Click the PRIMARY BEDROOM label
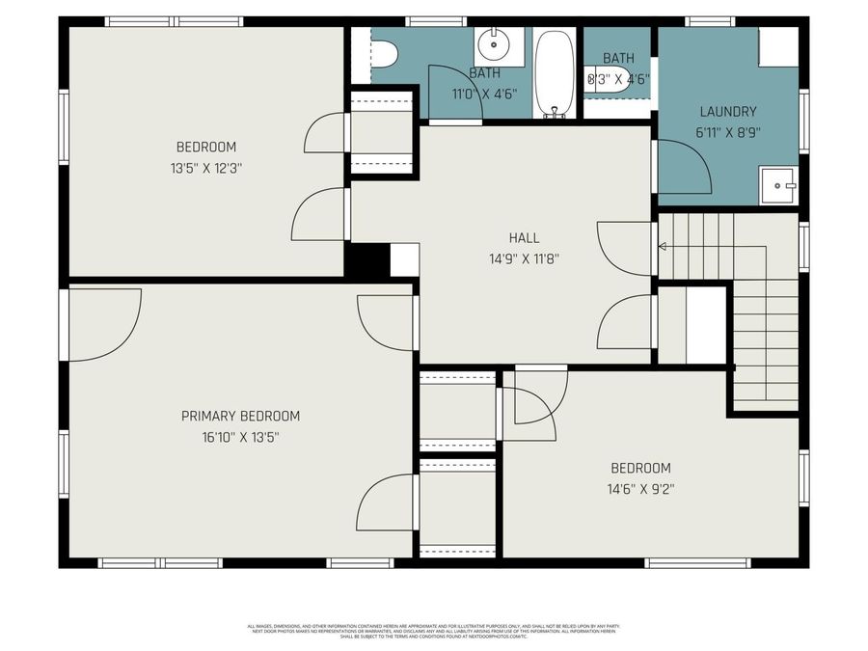click(240, 416)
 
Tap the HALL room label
click(524, 237)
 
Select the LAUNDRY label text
click(728, 111)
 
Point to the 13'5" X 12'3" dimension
click(205, 168)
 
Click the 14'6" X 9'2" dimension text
click(633, 488)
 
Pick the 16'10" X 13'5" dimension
click(240, 437)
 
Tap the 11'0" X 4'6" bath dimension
click(484, 94)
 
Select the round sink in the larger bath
click(498, 42)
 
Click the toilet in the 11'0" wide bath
click(385, 54)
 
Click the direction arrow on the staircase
click(663, 247)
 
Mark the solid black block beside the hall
click(366, 260)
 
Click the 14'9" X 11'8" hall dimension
click(524, 258)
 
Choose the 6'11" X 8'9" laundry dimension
click(728, 132)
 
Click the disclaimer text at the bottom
click(434, 631)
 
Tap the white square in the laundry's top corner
click(778, 47)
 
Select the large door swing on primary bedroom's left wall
click(101, 323)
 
